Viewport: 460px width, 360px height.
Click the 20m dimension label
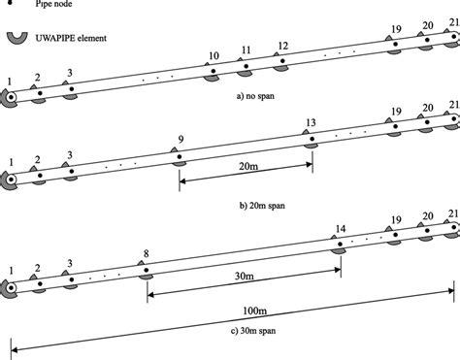[x=247, y=166]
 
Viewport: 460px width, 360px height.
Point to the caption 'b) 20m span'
[x=247, y=207]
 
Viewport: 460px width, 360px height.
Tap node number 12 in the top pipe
[x=281, y=46]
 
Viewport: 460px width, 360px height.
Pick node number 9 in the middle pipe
[x=180, y=139]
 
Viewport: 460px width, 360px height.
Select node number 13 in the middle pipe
[x=310, y=122]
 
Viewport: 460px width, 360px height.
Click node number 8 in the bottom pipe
[x=145, y=255]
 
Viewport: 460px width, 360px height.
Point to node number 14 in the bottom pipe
[x=340, y=230]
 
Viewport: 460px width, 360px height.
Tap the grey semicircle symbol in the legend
[x=16, y=38]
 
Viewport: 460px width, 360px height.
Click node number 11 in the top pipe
[x=246, y=50]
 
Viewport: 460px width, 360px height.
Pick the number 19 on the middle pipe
[x=395, y=112]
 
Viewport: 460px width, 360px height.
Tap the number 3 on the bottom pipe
[x=69, y=262]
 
